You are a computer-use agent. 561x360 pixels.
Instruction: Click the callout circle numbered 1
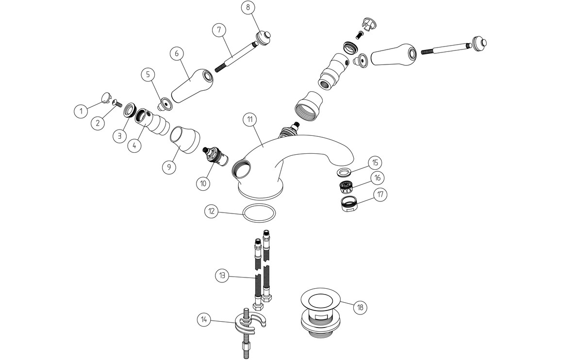pos(82,111)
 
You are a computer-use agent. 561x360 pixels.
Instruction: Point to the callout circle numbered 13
pos(223,276)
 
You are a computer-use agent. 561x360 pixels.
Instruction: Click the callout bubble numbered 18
pos(360,307)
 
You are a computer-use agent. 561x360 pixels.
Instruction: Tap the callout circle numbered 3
pos(119,136)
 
